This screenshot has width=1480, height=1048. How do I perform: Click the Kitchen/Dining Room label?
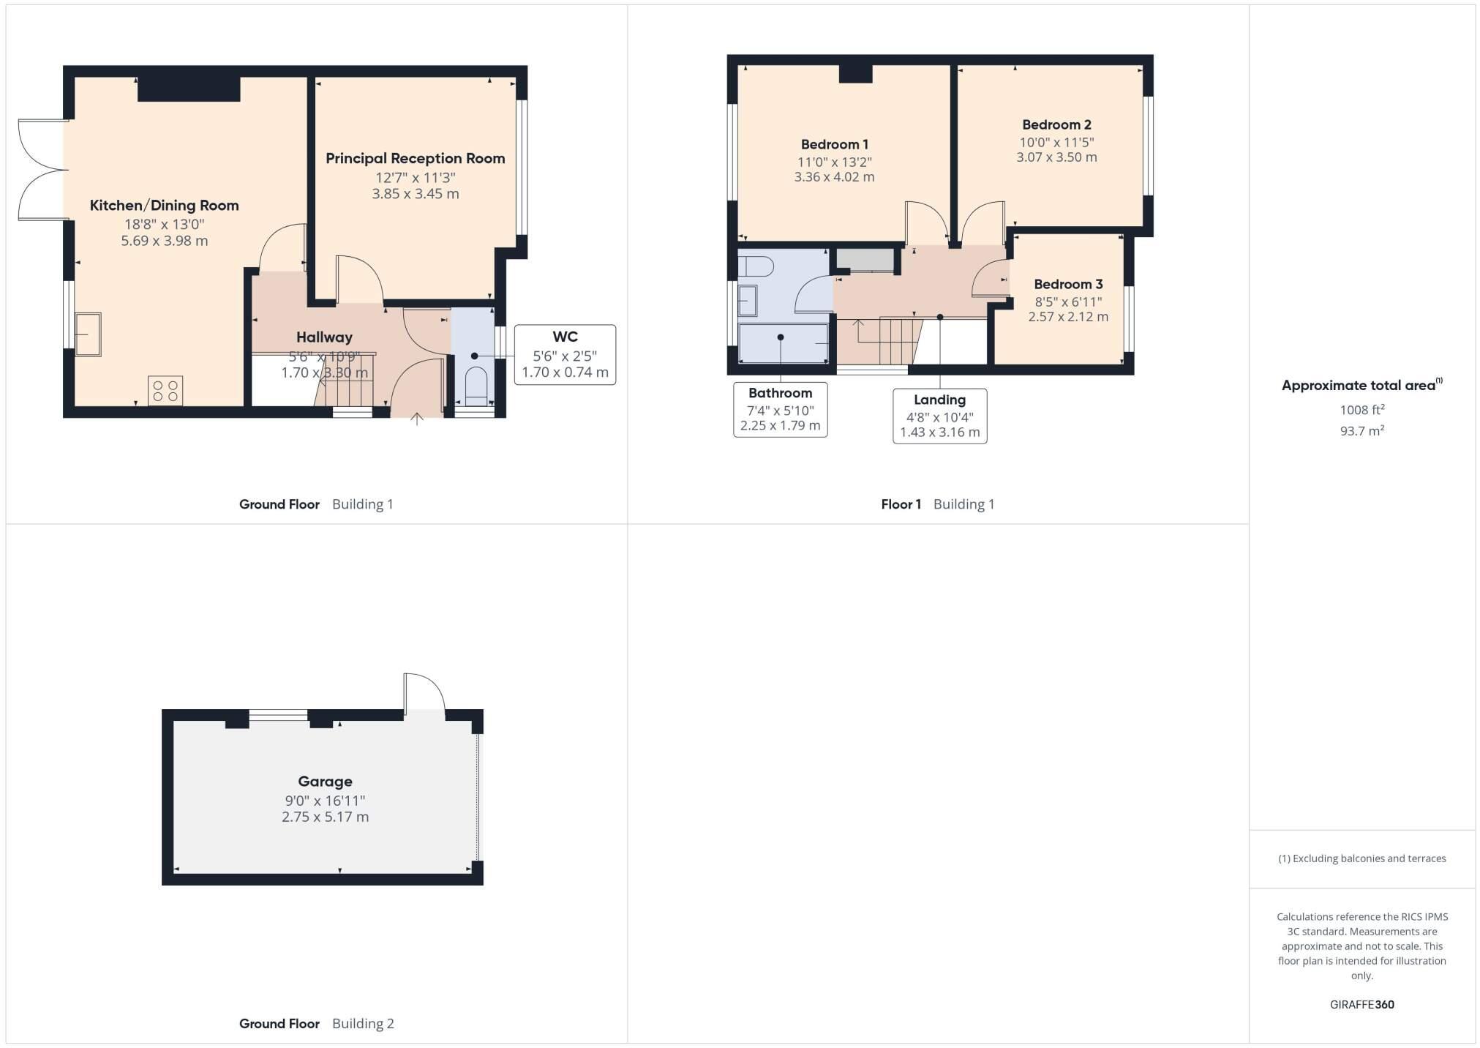[164, 206]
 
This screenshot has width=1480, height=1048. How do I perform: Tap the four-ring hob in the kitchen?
[165, 391]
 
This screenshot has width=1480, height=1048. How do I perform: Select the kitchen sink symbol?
[88, 334]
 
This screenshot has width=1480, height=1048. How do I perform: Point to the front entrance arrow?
[417, 419]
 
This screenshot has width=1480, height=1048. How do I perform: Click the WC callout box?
[565, 355]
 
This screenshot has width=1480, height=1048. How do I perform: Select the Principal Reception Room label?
[415, 159]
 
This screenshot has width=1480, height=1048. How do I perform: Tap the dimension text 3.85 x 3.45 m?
[415, 194]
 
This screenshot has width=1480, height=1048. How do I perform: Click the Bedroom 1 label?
[834, 145]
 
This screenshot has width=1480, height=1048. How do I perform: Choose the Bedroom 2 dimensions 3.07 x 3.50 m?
[1056, 157]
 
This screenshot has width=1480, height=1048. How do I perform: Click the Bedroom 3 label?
[1067, 285]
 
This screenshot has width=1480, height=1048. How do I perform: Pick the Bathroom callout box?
[780, 410]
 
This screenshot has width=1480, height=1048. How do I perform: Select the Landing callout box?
[939, 416]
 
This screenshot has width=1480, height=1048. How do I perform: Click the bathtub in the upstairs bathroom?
[783, 343]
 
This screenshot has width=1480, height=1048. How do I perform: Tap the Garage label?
[325, 782]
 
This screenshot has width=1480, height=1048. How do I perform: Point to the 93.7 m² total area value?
[1361, 431]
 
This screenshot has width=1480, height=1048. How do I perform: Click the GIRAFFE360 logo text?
[1361, 1005]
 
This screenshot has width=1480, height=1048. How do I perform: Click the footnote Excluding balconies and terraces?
[1361, 858]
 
